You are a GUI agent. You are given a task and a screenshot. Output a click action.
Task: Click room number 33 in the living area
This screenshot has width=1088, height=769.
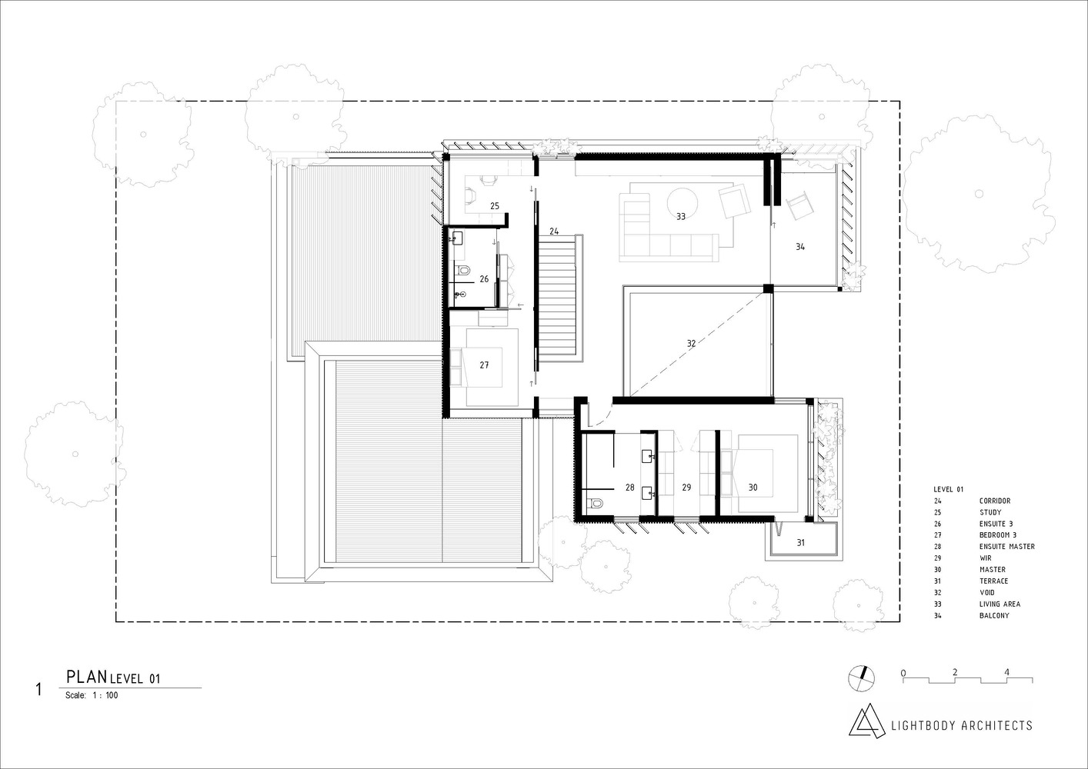(681, 217)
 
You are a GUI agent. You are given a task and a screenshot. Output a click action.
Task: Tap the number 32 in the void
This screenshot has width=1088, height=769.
(691, 344)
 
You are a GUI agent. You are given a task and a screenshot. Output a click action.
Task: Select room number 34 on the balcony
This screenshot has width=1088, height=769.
(800, 247)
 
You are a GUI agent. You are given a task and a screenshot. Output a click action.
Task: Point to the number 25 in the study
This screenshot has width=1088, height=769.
(495, 206)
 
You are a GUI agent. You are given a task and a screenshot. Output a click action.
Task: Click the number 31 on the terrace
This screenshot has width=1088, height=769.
(800, 543)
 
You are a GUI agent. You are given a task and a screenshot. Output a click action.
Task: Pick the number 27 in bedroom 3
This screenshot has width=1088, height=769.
(484, 365)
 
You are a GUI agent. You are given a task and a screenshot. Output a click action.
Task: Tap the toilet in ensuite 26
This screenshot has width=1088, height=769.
(463, 271)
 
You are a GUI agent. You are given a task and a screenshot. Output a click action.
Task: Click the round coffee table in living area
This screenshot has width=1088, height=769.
(682, 202)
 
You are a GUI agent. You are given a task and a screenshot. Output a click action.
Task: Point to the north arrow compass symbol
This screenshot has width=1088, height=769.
(861, 677)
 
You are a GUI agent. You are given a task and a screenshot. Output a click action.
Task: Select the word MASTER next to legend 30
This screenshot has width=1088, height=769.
(992, 570)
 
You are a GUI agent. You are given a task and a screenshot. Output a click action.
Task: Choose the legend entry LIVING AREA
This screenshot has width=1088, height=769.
(1000, 604)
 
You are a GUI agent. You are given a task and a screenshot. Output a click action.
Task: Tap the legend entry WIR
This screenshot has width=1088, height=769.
(985, 558)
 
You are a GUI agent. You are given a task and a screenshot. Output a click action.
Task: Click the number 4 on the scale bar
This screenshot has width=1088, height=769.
(1006, 672)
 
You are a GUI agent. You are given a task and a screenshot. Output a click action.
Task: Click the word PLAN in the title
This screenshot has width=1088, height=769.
(86, 677)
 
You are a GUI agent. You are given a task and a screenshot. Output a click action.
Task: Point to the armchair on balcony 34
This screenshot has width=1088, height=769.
(799, 205)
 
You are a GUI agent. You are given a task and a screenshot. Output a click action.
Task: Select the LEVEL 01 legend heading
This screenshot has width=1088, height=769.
(948, 489)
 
